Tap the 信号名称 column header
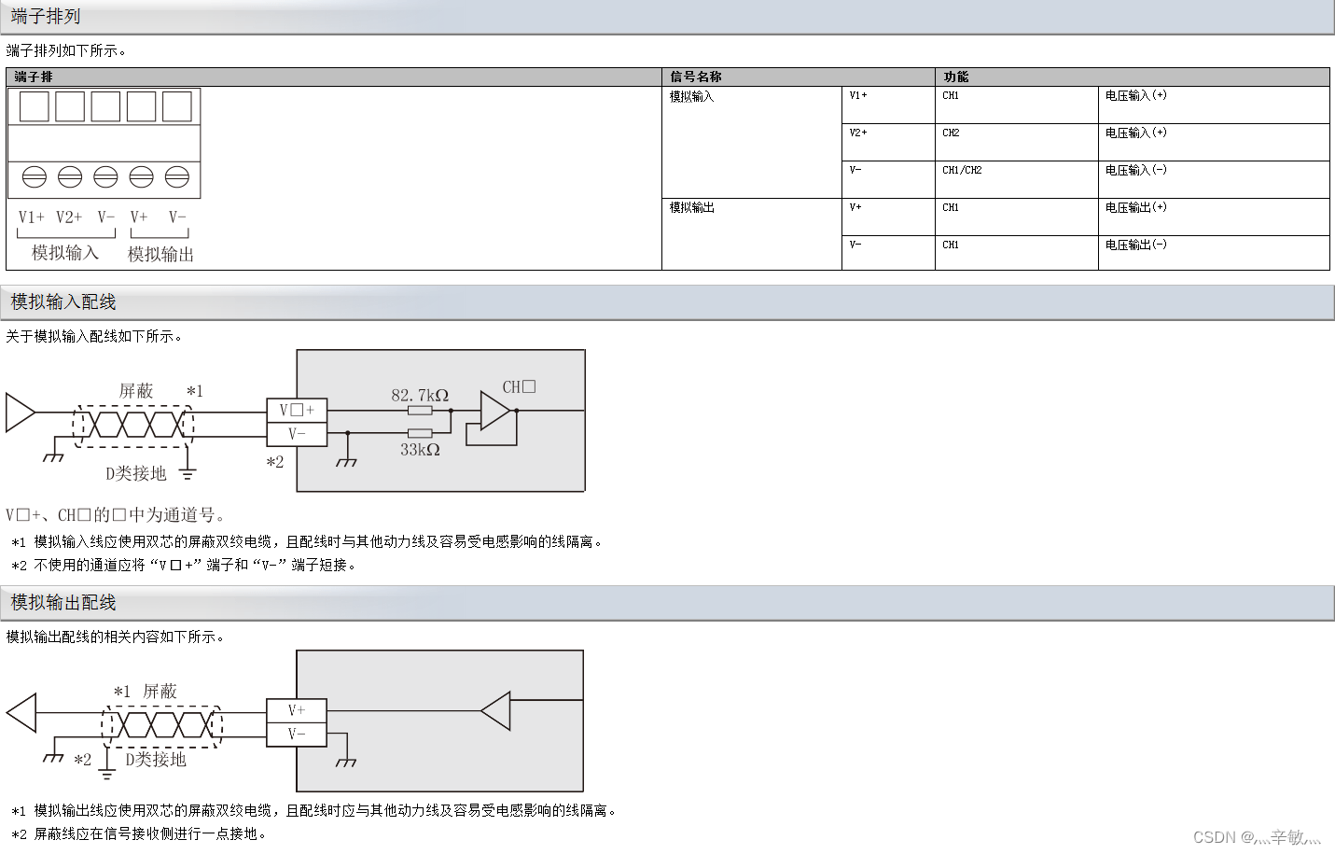pos(696,77)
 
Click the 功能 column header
pos(956,77)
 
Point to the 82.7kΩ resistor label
pos(420,395)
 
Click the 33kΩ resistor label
pos(420,450)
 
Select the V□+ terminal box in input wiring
pos(297,410)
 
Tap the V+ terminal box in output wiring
pos(297,710)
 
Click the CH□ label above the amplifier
pos(519,386)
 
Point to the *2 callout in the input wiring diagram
pos(274,462)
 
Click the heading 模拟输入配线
pos(63,301)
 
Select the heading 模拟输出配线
pos(63,602)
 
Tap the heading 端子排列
pos(46,16)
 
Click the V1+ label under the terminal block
pos(32,217)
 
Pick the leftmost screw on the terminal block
pos(35,176)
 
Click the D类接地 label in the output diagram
pos(156,760)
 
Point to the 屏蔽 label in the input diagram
pos(136,391)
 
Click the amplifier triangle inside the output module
pos(497,711)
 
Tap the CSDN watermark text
pos(1257,837)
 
